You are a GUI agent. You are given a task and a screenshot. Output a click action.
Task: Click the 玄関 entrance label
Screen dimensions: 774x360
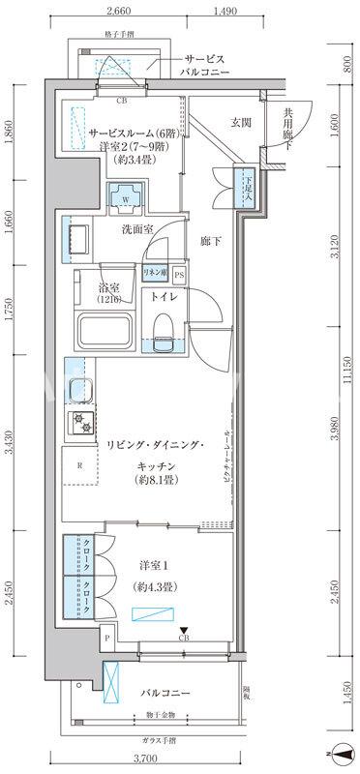pyautogui.click(x=241, y=122)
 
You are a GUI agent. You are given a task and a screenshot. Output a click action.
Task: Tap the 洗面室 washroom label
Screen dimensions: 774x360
pyautogui.click(x=137, y=229)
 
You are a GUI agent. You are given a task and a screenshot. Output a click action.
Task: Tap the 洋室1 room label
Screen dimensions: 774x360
pyautogui.click(x=149, y=565)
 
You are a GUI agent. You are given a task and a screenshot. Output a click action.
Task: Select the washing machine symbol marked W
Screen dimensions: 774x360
pyautogui.click(x=126, y=197)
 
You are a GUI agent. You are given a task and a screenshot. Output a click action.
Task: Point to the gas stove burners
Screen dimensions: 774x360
pyautogui.click(x=77, y=422)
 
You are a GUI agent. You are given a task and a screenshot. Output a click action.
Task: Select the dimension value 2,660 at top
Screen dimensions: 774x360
pyautogui.click(x=118, y=12)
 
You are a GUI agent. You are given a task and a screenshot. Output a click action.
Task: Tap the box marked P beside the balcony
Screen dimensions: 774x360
pyautogui.click(x=106, y=639)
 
